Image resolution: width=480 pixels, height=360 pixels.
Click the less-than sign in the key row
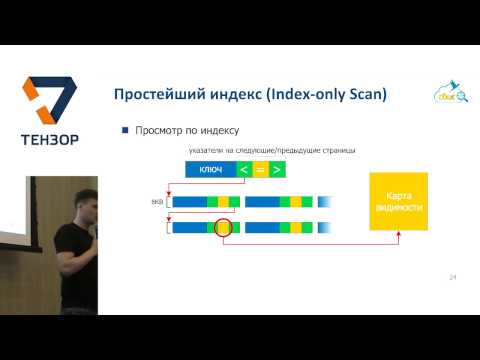[x=243, y=169]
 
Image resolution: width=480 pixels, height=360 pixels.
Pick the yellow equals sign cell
[x=260, y=169]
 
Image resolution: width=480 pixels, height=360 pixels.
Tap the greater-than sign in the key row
[x=277, y=169]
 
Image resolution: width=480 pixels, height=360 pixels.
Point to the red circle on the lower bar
[x=223, y=228]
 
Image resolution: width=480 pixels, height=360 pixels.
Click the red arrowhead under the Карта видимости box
[x=397, y=236]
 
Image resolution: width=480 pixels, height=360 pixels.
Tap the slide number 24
[x=452, y=276]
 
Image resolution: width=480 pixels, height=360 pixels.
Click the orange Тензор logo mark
[x=49, y=104]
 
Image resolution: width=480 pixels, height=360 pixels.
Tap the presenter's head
[x=82, y=200]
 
